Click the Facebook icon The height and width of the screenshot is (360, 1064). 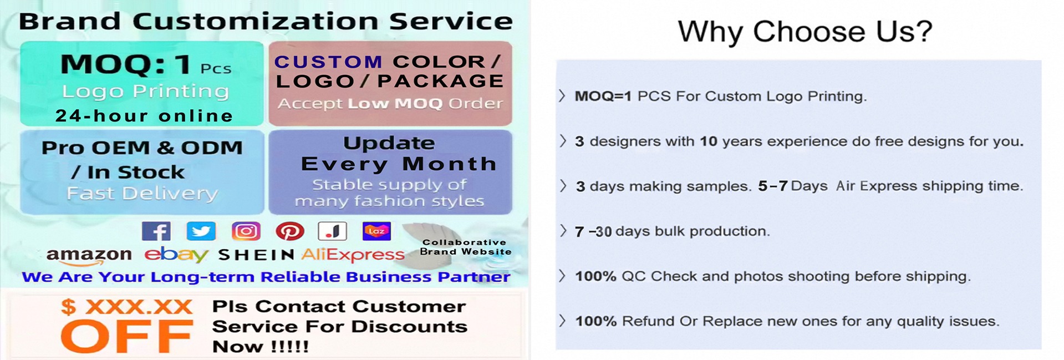(156, 231)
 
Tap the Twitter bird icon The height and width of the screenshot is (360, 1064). (201, 231)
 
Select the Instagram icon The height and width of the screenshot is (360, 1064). (246, 231)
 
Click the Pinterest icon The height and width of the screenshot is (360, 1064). (290, 231)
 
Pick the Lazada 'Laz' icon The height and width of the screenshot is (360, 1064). (376, 231)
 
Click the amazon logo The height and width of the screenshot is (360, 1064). (89, 256)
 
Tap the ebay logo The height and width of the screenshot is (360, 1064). (176, 255)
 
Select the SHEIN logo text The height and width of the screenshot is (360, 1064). (256, 255)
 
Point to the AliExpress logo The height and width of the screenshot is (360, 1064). (353, 255)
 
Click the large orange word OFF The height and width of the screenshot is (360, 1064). (127, 336)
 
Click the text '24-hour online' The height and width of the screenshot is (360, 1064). (144, 115)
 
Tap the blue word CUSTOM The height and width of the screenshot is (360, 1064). (328, 62)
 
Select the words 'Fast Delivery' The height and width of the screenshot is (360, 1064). (142, 193)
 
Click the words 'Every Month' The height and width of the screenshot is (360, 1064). (399, 164)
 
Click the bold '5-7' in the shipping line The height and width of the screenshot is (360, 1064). (773, 186)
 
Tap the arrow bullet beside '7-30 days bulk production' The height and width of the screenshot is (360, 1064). (563, 231)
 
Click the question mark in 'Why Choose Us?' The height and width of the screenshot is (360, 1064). (923, 31)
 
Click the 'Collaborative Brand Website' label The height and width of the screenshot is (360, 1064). (465, 247)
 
